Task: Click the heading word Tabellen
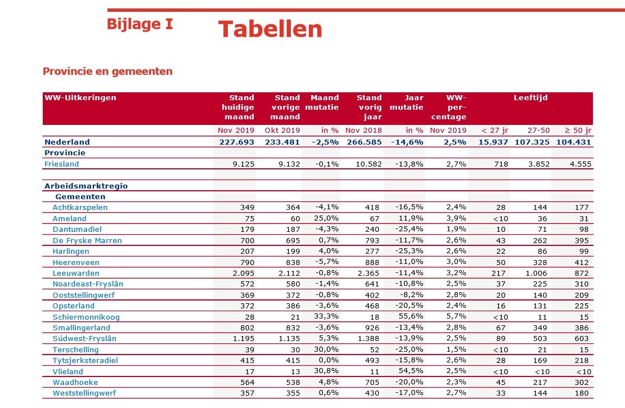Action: click(x=270, y=29)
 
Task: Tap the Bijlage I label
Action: click(x=140, y=24)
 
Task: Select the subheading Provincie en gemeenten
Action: click(x=107, y=71)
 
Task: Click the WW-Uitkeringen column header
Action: click(x=80, y=97)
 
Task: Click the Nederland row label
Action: click(x=67, y=142)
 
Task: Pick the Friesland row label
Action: click(x=62, y=164)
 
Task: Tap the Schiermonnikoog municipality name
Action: click(x=86, y=317)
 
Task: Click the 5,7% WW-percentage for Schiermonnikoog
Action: click(x=456, y=317)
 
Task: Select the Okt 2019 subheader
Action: click(x=282, y=131)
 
